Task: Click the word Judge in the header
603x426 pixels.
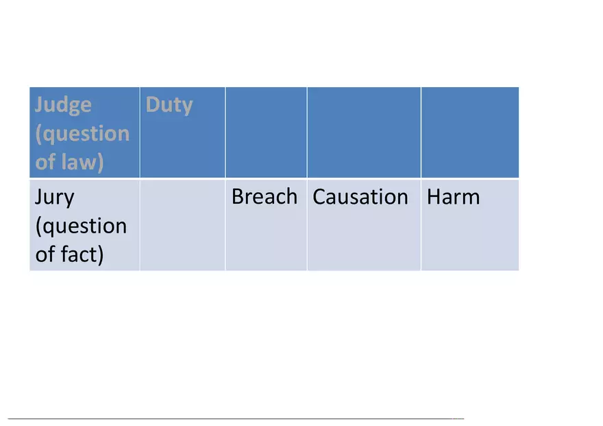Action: [63, 106]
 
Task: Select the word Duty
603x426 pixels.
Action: [169, 105]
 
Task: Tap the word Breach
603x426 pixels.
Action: [264, 197]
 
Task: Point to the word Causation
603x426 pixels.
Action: [360, 197]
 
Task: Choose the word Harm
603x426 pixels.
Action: [454, 197]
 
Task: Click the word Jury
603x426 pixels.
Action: [55, 198]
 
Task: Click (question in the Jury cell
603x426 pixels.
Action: [81, 226]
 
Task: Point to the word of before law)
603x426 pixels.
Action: [45, 162]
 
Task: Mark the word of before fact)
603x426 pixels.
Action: [45, 254]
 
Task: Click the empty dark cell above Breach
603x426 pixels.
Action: [266, 132]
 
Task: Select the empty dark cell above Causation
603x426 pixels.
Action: [364, 132]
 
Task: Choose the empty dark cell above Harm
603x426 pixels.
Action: [470, 132]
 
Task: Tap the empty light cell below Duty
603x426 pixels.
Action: [183, 225]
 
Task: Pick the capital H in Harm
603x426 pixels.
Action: [434, 197]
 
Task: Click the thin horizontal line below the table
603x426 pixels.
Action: [236, 418]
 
